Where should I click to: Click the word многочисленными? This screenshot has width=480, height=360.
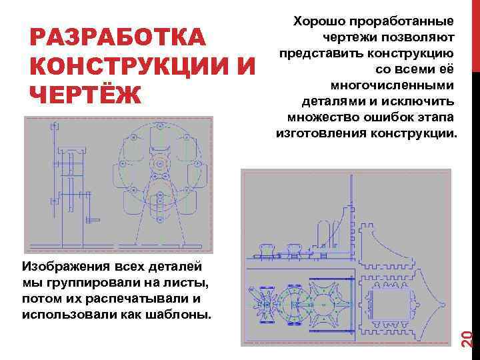pos(393,85)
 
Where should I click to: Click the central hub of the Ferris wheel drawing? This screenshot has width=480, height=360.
pos(160,163)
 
